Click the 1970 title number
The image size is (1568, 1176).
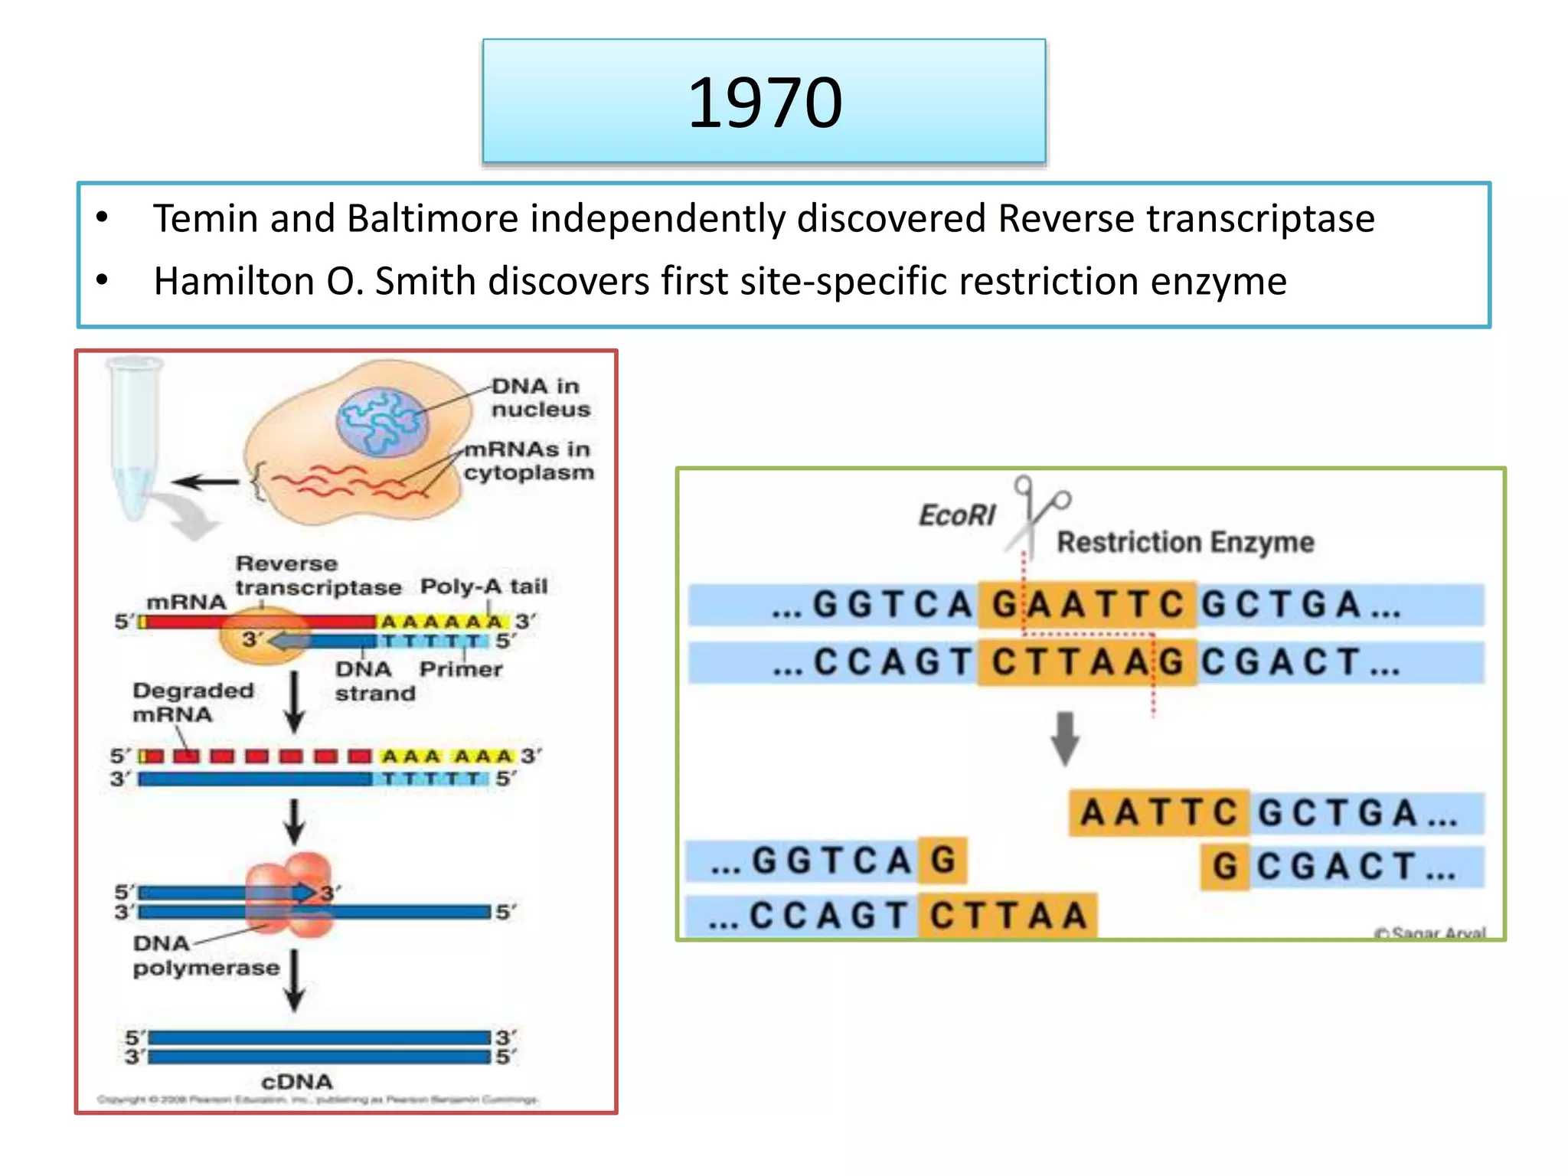(764, 103)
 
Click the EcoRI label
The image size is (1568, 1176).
(956, 515)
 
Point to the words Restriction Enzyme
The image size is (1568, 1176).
(1184, 542)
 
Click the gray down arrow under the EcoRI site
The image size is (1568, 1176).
(1064, 738)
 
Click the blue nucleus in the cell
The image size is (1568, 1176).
(383, 422)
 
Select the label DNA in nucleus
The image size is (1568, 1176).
(540, 397)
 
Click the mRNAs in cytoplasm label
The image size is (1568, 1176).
(528, 460)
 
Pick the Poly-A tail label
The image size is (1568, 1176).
(483, 586)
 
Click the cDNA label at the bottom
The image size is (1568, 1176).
(296, 1081)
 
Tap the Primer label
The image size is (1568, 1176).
(460, 669)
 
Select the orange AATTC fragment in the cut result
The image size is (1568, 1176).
(1158, 812)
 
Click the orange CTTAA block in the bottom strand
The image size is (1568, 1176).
(1008, 916)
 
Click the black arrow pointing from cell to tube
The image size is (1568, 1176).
(205, 482)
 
